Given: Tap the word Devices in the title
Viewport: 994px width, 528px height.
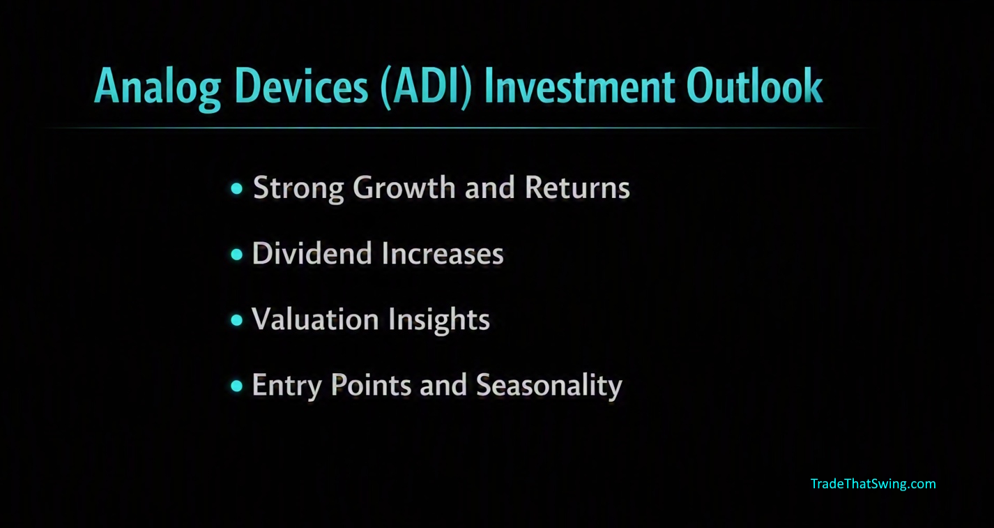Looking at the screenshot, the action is click(x=301, y=86).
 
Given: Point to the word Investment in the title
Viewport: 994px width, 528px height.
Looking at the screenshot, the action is click(x=579, y=86).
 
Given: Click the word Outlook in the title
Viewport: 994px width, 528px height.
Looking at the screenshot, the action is click(x=754, y=86).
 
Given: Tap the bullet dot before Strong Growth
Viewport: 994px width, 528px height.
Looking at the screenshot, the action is click(x=237, y=188).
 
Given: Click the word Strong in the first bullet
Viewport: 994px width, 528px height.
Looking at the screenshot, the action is click(x=298, y=188).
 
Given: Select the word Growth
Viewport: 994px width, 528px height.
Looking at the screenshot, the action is click(x=404, y=188).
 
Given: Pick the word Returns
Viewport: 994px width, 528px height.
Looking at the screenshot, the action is click(x=577, y=188).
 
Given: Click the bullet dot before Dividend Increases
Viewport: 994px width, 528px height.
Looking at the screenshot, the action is click(x=237, y=255).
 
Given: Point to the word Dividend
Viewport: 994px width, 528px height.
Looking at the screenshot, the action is click(x=312, y=253).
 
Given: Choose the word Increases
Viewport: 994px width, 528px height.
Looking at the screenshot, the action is click(x=443, y=253).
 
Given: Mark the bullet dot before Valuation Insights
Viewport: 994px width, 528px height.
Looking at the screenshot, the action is click(x=237, y=320).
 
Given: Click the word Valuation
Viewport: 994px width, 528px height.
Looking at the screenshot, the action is click(x=315, y=319).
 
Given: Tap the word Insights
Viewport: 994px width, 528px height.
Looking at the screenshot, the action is click(x=439, y=320).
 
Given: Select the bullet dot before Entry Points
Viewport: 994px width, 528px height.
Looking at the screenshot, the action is click(x=237, y=386).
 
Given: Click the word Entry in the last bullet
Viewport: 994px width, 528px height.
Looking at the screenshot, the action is click(x=286, y=386).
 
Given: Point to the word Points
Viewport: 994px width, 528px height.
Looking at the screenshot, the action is click(x=371, y=384).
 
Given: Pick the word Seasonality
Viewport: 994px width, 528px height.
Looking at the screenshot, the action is click(x=549, y=386).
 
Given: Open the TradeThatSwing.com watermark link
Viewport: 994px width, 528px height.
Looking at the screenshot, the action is click(x=873, y=484).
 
